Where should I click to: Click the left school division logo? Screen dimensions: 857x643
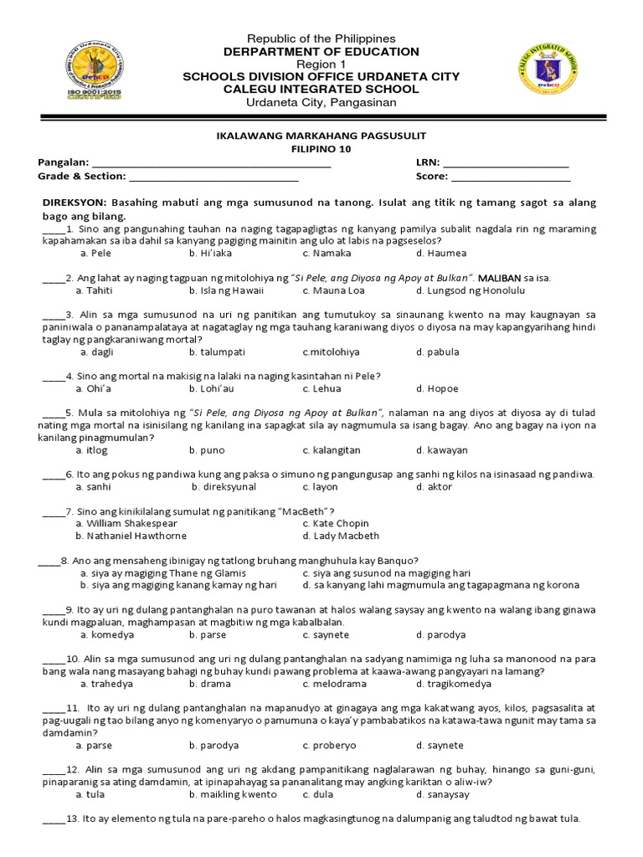pos(92,70)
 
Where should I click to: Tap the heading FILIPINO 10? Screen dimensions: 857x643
pos(321,149)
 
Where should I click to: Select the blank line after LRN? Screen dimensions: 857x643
pos(506,164)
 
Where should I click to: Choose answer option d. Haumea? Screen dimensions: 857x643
pos(440,253)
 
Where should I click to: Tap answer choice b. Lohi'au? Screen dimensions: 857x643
pos(213,389)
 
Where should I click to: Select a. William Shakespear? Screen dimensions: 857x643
pos(126,523)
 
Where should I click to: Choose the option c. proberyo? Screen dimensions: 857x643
pos(331,745)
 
